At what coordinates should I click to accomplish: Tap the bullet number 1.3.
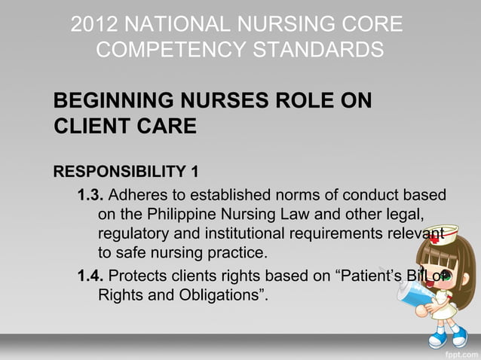coord(90,195)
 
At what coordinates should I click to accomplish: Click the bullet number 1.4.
coord(90,273)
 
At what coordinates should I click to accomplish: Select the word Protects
coord(141,273)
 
